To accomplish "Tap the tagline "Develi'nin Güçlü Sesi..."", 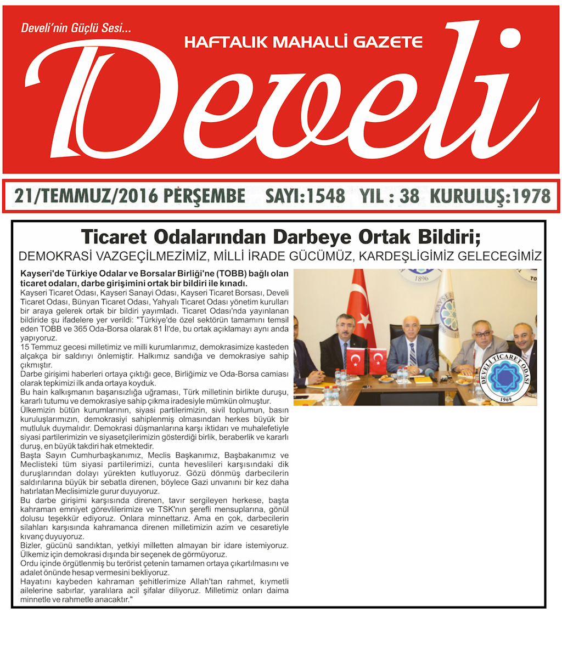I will [76, 29].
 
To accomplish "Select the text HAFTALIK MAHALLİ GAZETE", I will [304, 42].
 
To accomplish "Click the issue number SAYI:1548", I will [305, 196].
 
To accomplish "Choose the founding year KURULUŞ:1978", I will [490, 196].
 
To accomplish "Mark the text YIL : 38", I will [389, 196].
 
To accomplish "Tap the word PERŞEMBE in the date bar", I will [205, 196].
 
